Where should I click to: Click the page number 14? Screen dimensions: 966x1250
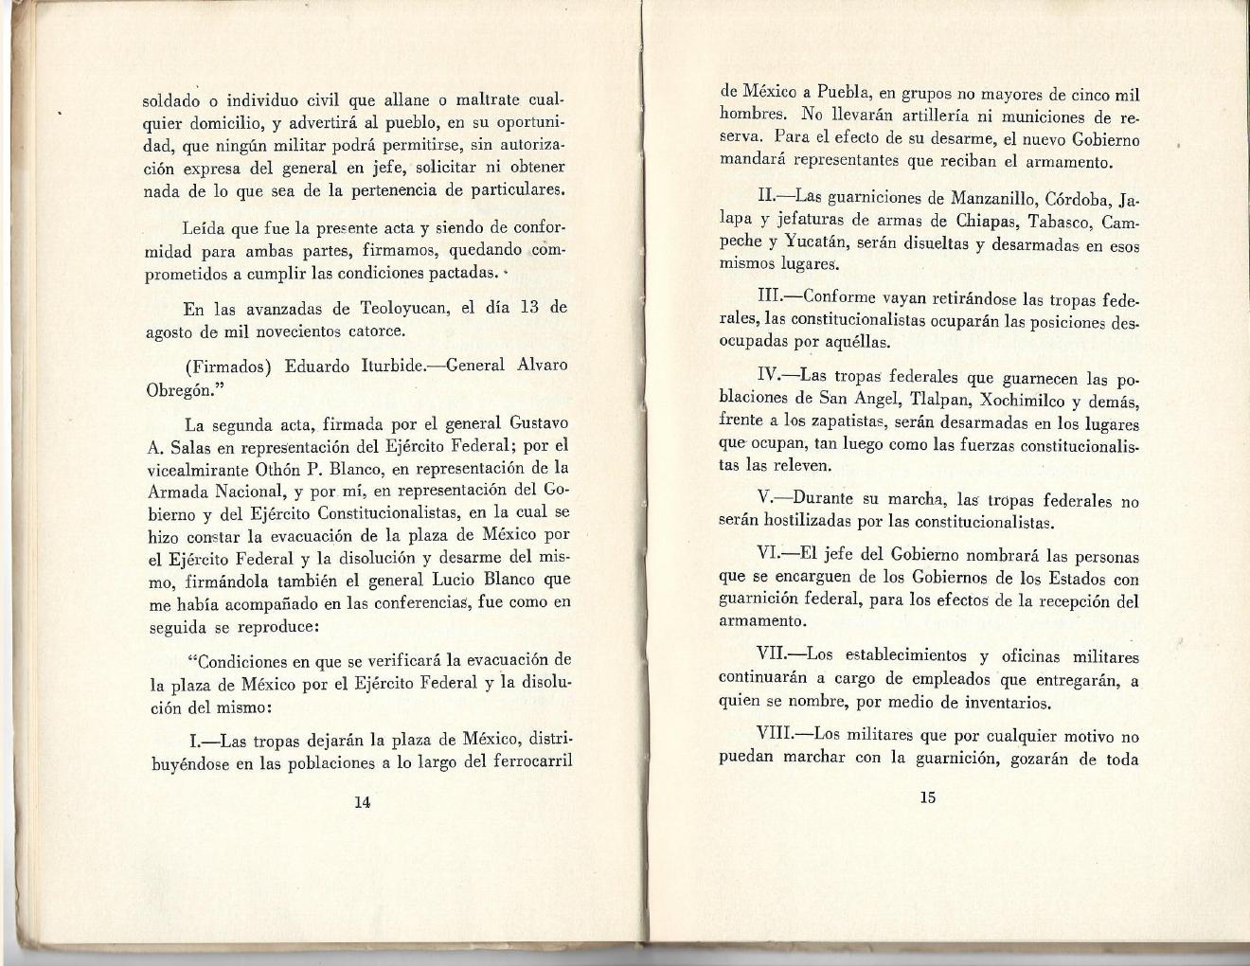pyautogui.click(x=361, y=801)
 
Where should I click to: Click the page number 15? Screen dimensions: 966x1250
pyautogui.click(x=927, y=797)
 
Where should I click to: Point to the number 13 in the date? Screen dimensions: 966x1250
pyautogui.click(x=531, y=309)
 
